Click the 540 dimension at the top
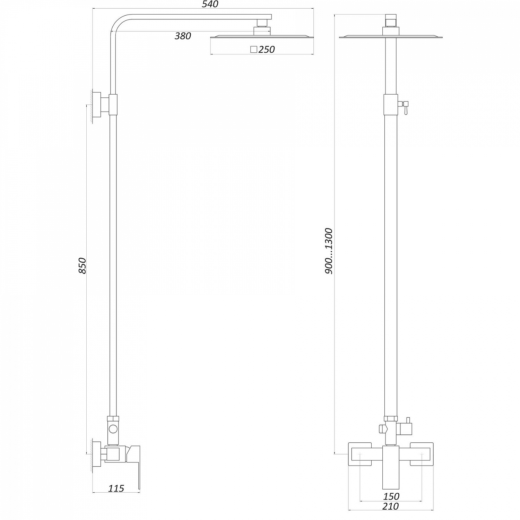[210, 5]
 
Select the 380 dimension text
[183, 36]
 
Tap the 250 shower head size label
[266, 50]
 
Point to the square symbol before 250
[253, 49]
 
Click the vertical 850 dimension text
[82, 266]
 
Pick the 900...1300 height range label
[329, 251]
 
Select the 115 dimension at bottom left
[116, 488]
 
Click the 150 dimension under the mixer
[391, 496]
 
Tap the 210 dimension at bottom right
[390, 506]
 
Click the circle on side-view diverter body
[113, 429]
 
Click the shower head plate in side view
[262, 36]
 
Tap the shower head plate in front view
[391, 37]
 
